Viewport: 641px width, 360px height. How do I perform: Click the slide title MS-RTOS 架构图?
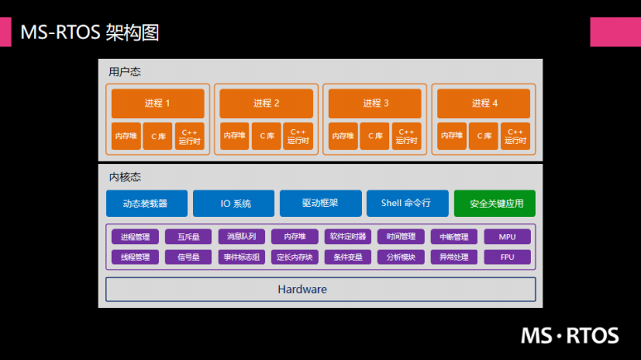tap(89, 32)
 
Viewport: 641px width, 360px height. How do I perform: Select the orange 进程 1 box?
tap(157, 103)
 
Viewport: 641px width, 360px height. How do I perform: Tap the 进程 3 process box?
tap(375, 103)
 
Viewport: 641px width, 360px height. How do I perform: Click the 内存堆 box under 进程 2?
tap(234, 136)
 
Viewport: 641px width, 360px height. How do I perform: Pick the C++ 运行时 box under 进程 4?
tap(515, 136)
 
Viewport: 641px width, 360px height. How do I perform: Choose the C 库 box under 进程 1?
tap(157, 136)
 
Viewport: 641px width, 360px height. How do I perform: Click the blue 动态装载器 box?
tap(146, 203)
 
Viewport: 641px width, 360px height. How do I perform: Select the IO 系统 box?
tap(235, 203)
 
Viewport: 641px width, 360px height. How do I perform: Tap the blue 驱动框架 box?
tap(320, 203)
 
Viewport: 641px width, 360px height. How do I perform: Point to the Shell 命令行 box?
tap(406, 203)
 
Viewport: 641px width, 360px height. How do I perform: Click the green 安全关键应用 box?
tap(494, 203)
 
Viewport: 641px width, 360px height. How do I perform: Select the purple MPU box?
tap(508, 237)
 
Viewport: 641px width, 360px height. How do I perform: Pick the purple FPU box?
tap(508, 257)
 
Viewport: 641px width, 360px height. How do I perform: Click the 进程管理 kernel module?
tap(135, 237)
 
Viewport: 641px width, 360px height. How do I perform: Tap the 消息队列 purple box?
tap(242, 237)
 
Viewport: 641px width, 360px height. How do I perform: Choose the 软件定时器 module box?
tap(347, 237)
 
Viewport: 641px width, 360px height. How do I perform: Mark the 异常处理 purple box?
tap(454, 257)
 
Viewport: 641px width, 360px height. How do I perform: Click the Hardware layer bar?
tap(320, 289)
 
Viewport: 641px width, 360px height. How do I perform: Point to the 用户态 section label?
tap(124, 72)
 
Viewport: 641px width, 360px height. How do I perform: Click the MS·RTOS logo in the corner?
tap(570, 335)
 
